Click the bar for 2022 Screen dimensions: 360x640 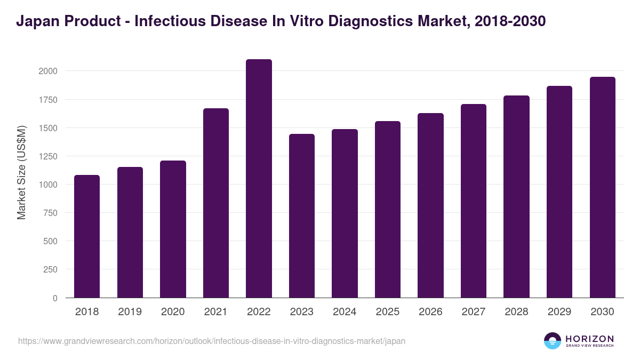pyautogui.click(x=259, y=179)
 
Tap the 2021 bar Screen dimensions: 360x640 pyautogui.click(x=216, y=203)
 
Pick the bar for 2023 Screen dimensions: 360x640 pyautogui.click(x=302, y=216)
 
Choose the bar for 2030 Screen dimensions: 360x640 pyautogui.click(x=603, y=187)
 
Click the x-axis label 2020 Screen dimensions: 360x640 pyautogui.click(x=173, y=312)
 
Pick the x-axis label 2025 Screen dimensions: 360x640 pyautogui.click(x=388, y=312)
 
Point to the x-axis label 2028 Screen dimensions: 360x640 pyautogui.click(x=516, y=312)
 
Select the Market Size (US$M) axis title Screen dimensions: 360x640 pyautogui.click(x=21, y=172)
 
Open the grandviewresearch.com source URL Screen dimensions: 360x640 pyautogui.click(x=212, y=341)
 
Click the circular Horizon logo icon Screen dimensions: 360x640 pyautogui.click(x=553, y=341)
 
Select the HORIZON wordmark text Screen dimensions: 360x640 pyautogui.click(x=589, y=338)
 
